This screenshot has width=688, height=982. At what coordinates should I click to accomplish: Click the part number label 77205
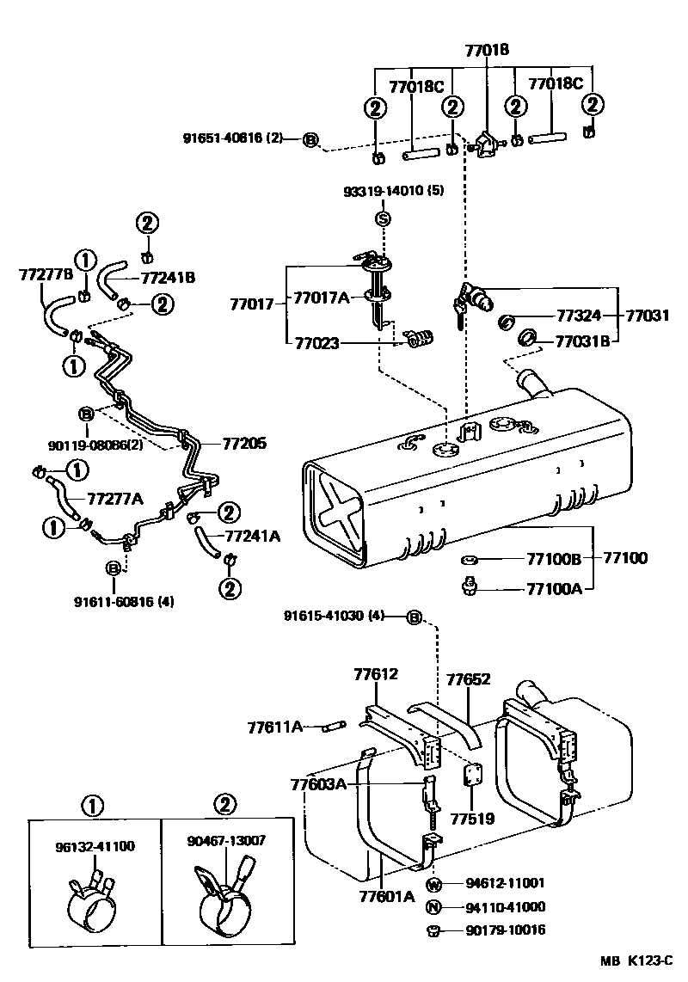coord(245,444)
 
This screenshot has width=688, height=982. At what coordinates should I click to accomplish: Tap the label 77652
coord(468,679)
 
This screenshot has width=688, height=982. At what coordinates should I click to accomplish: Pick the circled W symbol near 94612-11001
coord(433,883)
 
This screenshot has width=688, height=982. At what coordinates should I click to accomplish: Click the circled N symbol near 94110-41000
coord(433,906)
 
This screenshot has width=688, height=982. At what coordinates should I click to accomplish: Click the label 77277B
coord(46,275)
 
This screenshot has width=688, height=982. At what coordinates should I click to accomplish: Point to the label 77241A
coord(252,536)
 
